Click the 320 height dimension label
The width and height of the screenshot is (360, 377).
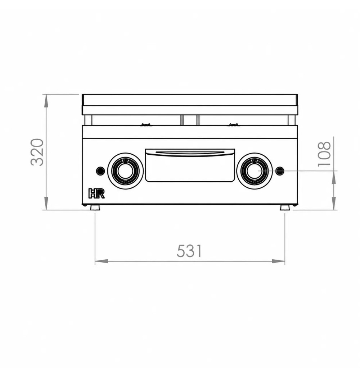pos(37,152)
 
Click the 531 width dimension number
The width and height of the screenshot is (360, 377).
pos(189,251)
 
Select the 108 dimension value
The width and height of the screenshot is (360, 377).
pos(324,154)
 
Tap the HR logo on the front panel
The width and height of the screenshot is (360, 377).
pos(96,193)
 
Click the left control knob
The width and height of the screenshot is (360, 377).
pos(125,171)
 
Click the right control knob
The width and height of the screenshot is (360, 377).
pos(255,171)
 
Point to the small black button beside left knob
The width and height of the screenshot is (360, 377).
pos(100,171)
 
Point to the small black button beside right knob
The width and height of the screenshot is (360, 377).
pos(280,171)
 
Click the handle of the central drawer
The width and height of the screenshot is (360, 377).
pos(190,153)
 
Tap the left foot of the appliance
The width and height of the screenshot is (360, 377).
pos(95,207)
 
